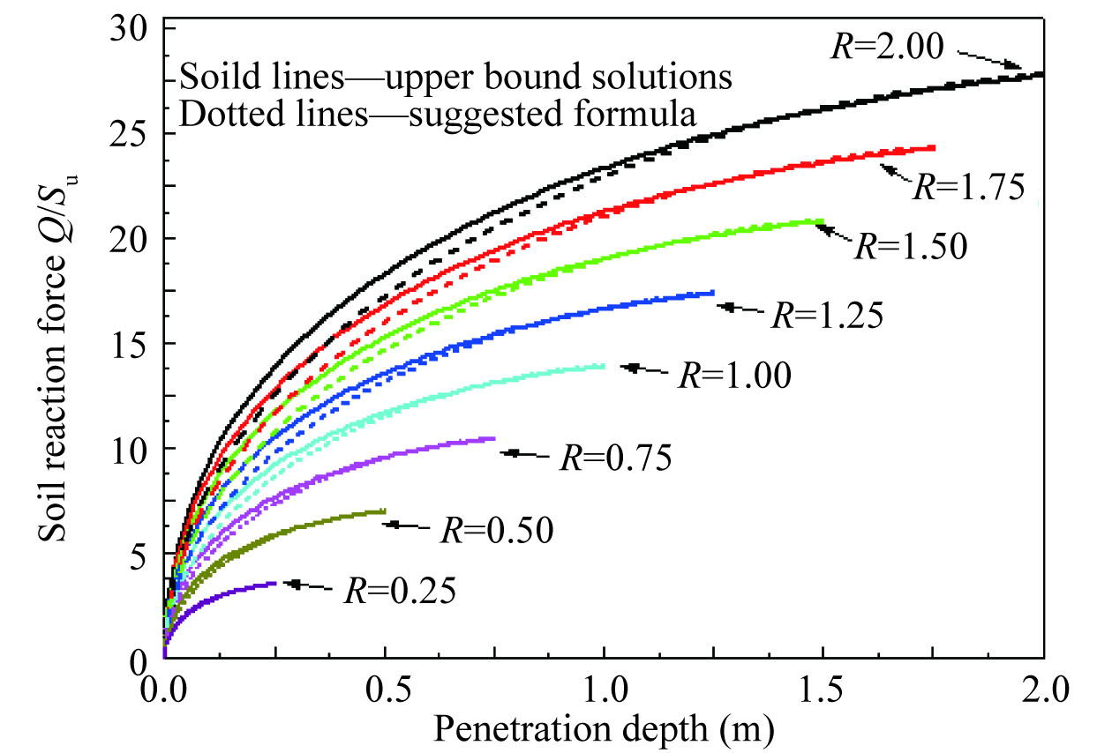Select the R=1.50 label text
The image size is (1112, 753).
(913, 244)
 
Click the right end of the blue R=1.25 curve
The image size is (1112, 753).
(713, 293)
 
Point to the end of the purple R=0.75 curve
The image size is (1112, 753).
(493, 438)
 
